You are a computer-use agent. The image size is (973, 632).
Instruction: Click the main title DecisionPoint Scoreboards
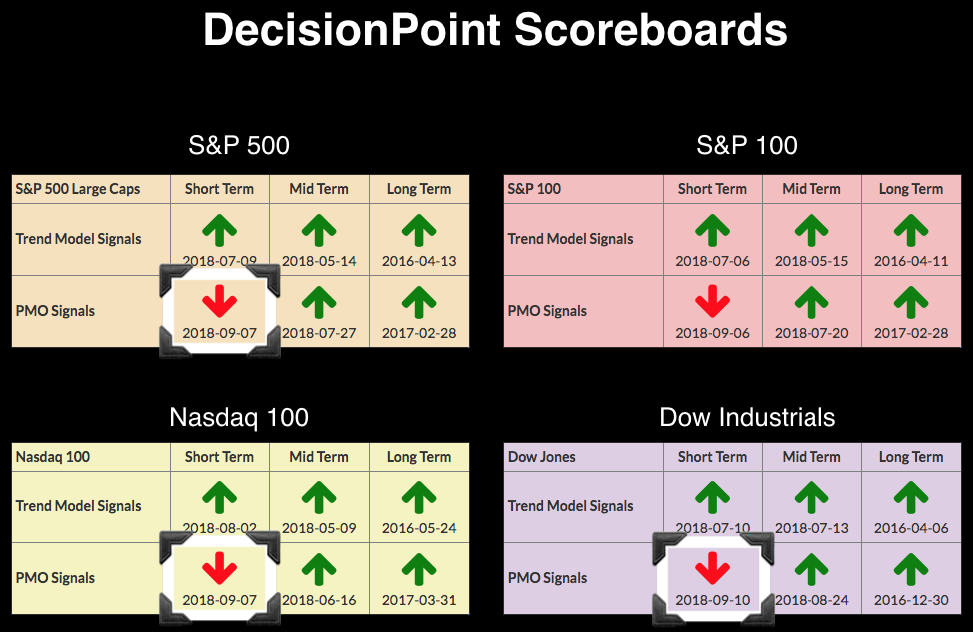pyautogui.click(x=495, y=30)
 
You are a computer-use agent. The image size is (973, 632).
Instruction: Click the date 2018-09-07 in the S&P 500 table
pyautogui.click(x=219, y=333)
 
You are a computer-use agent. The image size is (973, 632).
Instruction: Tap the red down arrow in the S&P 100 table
pyautogui.click(x=713, y=301)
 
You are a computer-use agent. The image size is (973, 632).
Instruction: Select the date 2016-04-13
pyautogui.click(x=419, y=261)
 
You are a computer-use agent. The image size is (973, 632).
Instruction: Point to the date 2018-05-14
pyautogui.click(x=319, y=261)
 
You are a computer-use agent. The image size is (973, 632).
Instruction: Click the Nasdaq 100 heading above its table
pyautogui.click(x=239, y=417)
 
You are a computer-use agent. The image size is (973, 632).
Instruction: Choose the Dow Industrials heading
pyautogui.click(x=747, y=417)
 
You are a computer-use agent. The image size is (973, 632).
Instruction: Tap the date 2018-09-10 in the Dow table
pyautogui.click(x=713, y=600)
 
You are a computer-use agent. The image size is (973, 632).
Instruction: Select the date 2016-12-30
pyautogui.click(x=911, y=600)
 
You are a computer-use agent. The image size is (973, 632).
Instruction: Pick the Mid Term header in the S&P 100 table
pyautogui.click(x=811, y=189)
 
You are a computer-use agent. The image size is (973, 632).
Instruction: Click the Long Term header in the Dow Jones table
pyautogui.click(x=911, y=457)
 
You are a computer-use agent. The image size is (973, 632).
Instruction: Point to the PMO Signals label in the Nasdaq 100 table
pyautogui.click(x=55, y=578)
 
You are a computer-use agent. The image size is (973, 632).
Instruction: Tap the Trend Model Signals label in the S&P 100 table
pyautogui.click(x=571, y=239)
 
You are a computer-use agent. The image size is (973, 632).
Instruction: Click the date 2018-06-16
pyautogui.click(x=319, y=600)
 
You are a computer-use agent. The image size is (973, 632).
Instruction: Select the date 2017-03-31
pyautogui.click(x=419, y=600)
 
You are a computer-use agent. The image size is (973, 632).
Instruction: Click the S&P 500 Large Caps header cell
pyautogui.click(x=78, y=189)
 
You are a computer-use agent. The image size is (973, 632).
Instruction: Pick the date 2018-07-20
pyautogui.click(x=811, y=333)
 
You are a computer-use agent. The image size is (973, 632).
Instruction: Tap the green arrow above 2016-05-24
pyautogui.click(x=419, y=498)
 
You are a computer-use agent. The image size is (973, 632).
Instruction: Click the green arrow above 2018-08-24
pyautogui.click(x=811, y=569)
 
